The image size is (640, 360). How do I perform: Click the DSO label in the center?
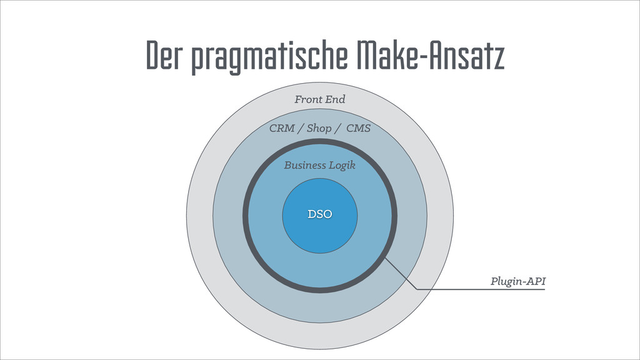pos(319,214)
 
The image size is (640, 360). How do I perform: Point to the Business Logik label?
pos(319,166)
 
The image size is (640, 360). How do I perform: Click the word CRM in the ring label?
pos(282,129)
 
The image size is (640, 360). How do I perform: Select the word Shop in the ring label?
pos(319,129)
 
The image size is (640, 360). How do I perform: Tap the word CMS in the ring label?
pos(358,129)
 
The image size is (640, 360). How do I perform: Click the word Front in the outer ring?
pos(307,99)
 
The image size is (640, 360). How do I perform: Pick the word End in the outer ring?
pos(335,99)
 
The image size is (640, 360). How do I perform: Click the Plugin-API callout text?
pos(518,282)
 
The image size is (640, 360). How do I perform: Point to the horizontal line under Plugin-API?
pos(481,289)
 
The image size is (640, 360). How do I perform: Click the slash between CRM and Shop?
pos(301,129)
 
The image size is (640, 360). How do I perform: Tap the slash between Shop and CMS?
pos(338,129)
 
